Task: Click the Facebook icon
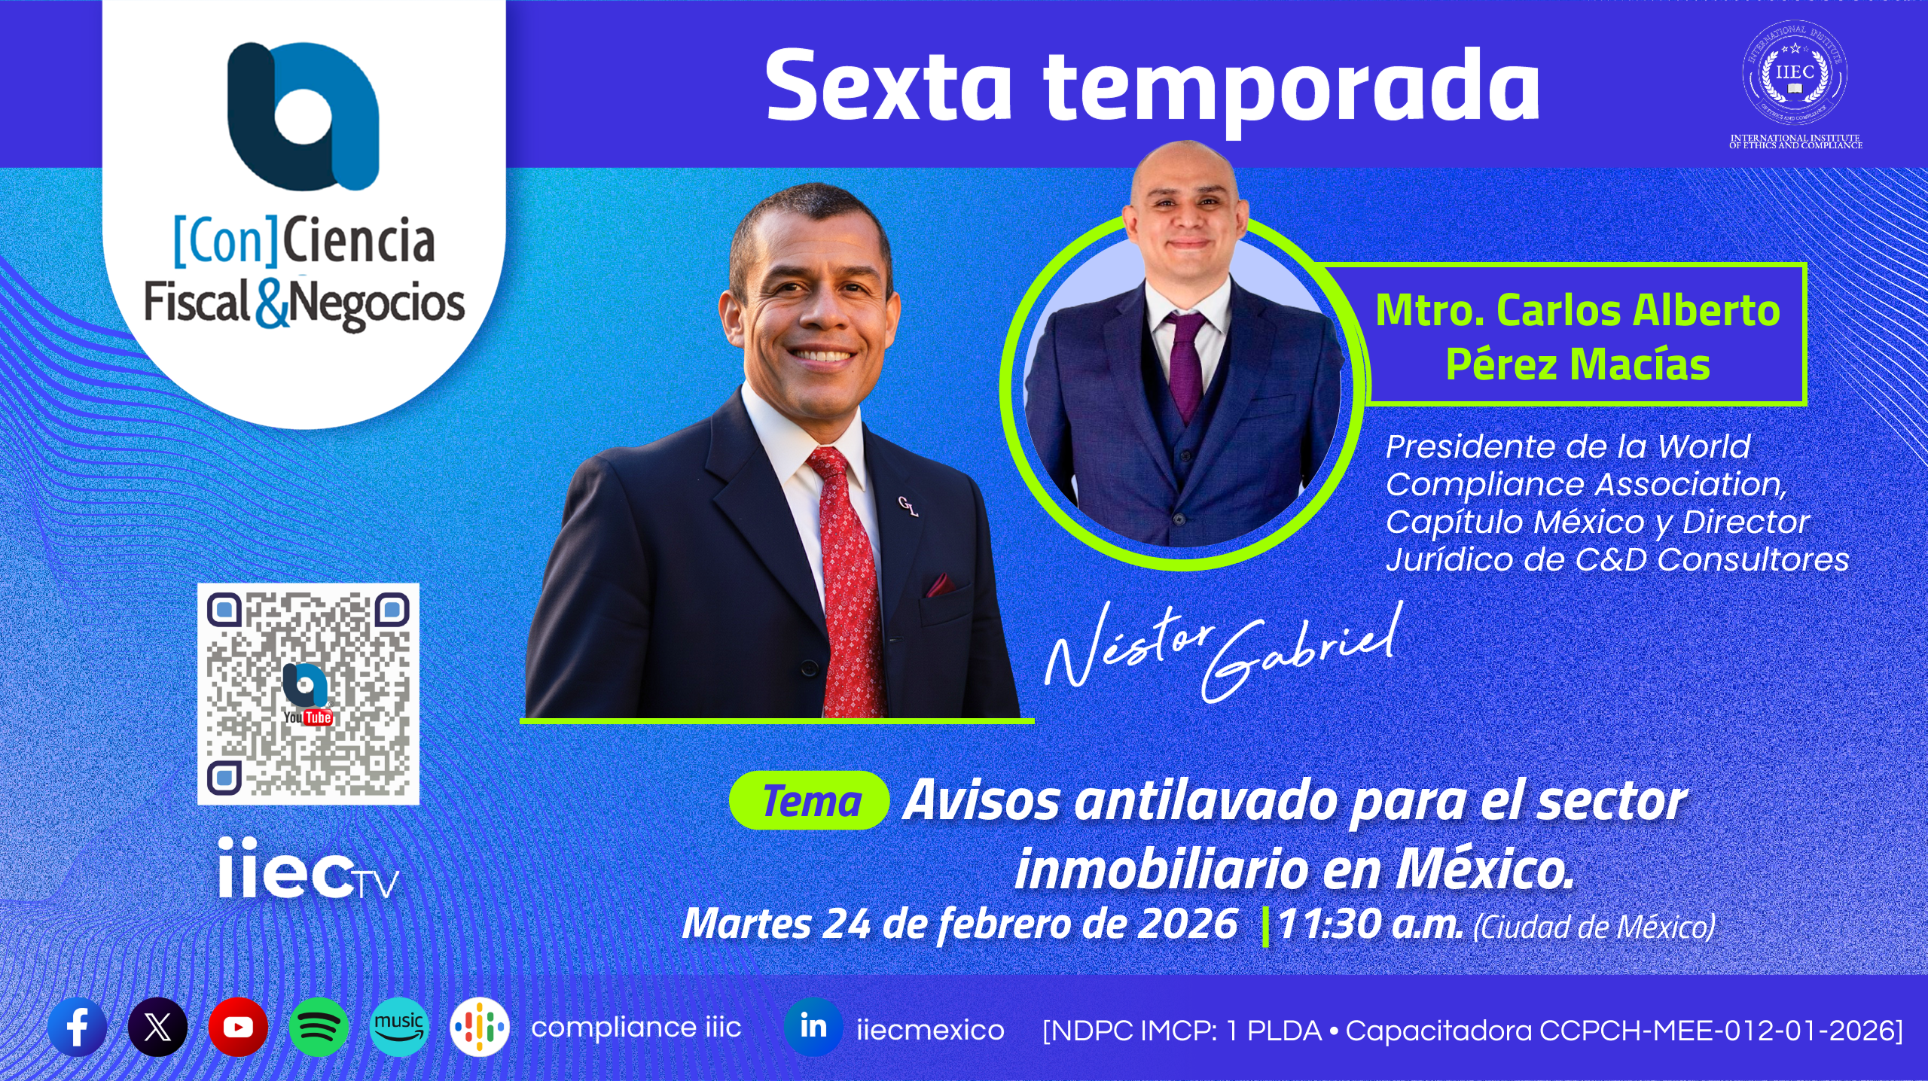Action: point(77,1027)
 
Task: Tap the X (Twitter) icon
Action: point(157,1027)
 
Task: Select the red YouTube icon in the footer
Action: point(238,1027)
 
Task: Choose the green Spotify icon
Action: point(319,1027)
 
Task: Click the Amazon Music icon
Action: point(399,1027)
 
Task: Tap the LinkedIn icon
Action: point(813,1027)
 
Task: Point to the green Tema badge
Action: point(810,801)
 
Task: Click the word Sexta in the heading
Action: point(889,87)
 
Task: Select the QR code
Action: point(308,693)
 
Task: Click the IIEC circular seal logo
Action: point(1795,74)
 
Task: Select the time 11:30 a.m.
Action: point(1371,924)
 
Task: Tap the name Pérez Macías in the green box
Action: point(1578,365)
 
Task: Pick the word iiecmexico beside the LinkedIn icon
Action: point(930,1030)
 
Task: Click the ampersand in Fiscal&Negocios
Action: point(271,305)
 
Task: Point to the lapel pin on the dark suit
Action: point(908,507)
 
